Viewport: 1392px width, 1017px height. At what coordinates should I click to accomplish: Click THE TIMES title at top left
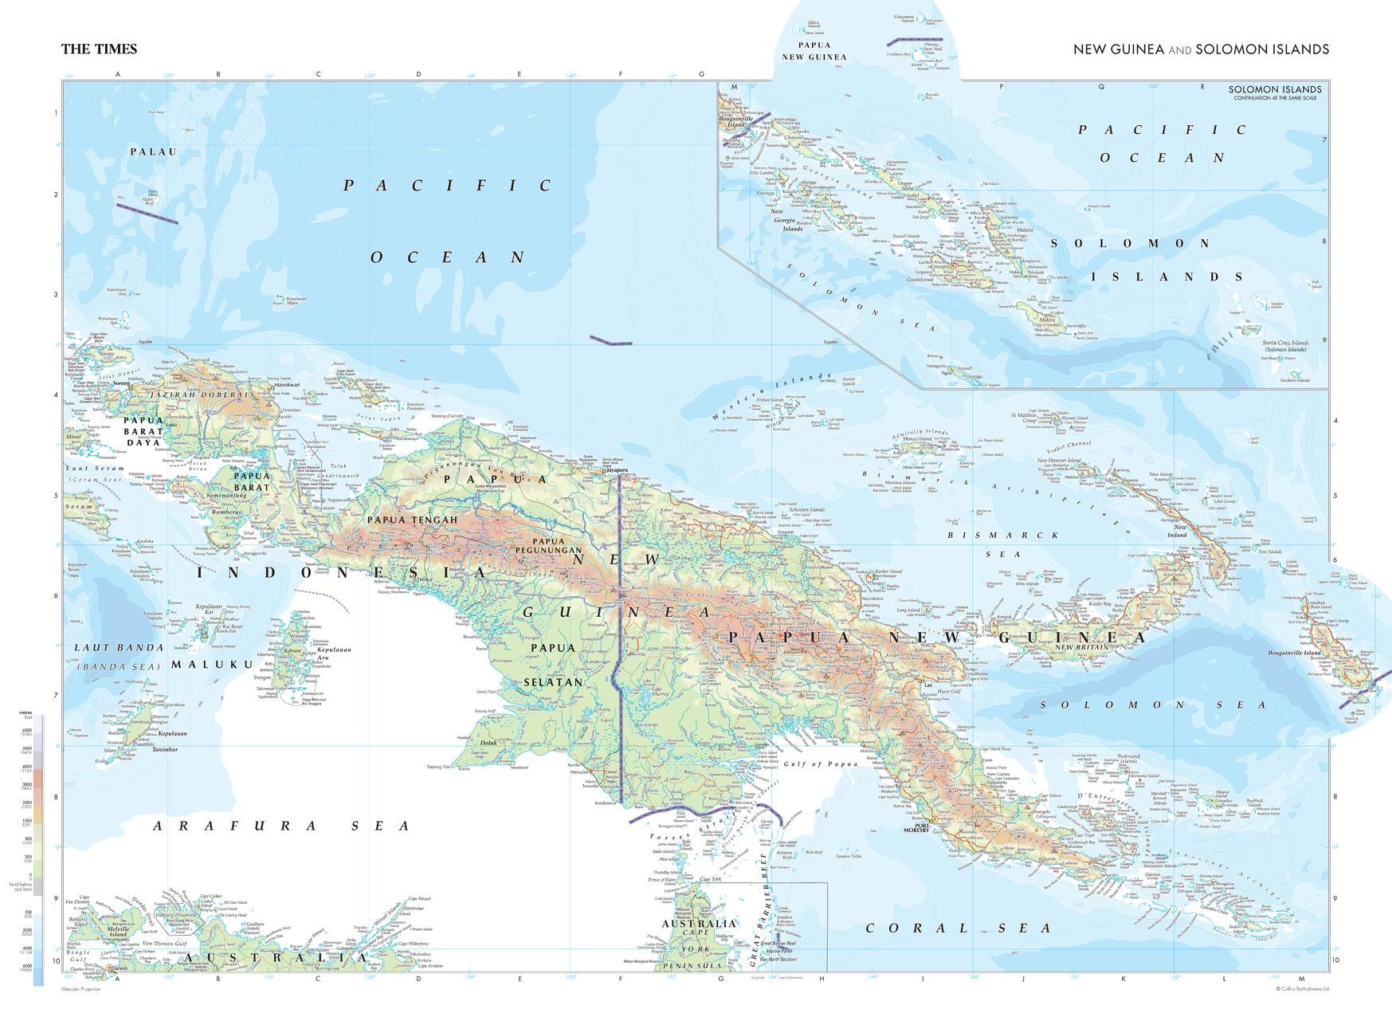pyautogui.click(x=99, y=49)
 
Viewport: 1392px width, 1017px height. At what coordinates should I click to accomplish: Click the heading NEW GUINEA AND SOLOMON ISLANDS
pyautogui.click(x=1201, y=49)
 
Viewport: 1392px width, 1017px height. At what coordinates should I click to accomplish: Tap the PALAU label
pyautogui.click(x=154, y=151)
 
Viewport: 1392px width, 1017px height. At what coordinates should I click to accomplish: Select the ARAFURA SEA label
pyautogui.click(x=282, y=827)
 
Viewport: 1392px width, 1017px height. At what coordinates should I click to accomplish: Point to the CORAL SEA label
pyautogui.click(x=959, y=929)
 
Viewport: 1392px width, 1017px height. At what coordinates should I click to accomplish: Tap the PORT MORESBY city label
pyautogui.click(x=917, y=827)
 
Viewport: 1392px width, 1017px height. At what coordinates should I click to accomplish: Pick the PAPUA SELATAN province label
pyautogui.click(x=553, y=666)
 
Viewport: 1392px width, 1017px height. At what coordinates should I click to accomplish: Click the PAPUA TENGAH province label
pyautogui.click(x=412, y=520)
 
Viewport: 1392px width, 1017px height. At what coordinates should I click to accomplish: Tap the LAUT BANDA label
pyautogui.click(x=119, y=647)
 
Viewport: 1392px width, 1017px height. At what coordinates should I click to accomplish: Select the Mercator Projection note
pyautogui.click(x=83, y=989)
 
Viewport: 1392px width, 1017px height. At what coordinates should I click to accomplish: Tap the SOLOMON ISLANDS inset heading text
pyautogui.click(x=1274, y=90)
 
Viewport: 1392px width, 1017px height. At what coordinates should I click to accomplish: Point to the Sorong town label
pyautogui.click(x=121, y=384)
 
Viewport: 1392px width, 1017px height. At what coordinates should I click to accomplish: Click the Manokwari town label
pyautogui.click(x=287, y=386)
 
